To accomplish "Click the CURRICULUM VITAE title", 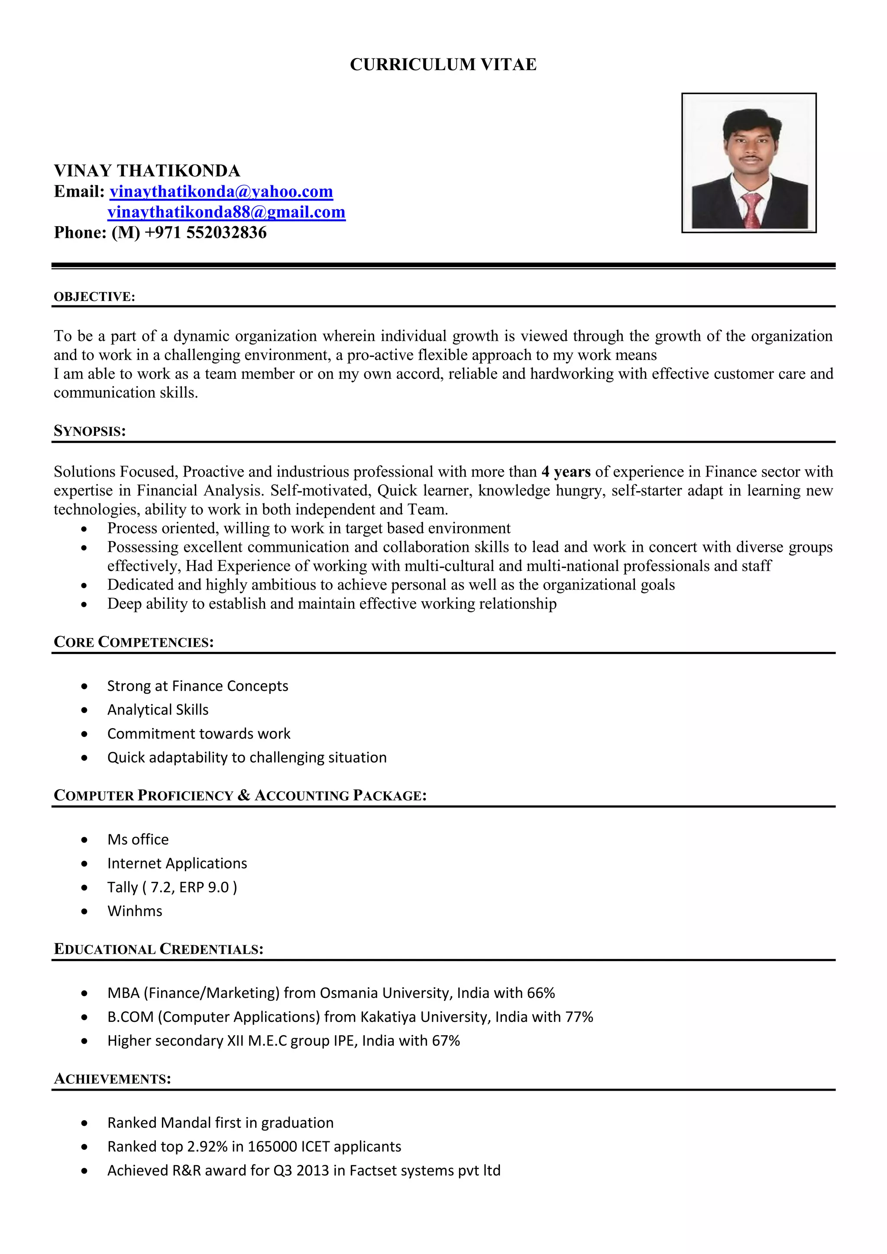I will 443,65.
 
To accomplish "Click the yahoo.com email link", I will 221,192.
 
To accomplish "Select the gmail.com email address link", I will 226,212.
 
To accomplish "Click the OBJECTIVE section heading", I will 94,297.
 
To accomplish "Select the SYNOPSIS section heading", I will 90,431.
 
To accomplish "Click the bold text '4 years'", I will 566,471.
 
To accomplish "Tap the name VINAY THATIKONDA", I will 147,171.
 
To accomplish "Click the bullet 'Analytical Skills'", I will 158,710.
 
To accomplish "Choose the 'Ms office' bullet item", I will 138,839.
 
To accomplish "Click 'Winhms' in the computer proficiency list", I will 134,911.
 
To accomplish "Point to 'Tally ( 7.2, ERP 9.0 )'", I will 172,887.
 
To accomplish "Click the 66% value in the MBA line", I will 541,992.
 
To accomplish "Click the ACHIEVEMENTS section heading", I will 113,1079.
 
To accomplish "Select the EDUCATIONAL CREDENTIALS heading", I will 159,949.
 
